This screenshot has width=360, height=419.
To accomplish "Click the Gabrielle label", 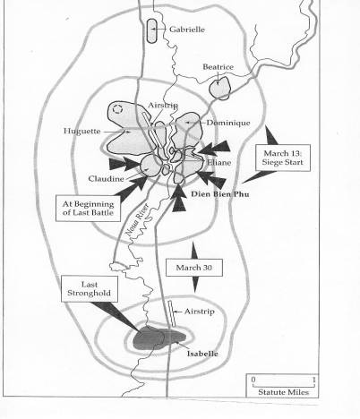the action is click(187, 30).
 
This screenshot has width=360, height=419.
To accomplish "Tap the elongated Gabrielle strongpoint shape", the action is click(152, 31).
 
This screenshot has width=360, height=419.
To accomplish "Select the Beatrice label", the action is click(218, 67).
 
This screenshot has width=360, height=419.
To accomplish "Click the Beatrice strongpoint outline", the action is click(219, 88).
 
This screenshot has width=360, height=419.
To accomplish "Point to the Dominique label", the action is click(228, 123).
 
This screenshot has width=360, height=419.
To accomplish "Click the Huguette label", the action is click(82, 131).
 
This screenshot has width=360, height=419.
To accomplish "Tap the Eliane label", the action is click(219, 163).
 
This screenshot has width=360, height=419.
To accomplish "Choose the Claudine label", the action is click(106, 179).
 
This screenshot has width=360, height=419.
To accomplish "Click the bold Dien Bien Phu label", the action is click(220, 194).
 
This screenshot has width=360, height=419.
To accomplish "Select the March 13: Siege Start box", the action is click(283, 158).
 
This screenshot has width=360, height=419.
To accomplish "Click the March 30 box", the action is click(194, 268).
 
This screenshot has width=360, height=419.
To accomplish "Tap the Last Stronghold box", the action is click(90, 288).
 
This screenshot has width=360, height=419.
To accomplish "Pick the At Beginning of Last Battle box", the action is click(88, 209).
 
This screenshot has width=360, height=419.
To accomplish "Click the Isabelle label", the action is click(202, 354).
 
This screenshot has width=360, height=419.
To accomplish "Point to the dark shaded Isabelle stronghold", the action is click(159, 338).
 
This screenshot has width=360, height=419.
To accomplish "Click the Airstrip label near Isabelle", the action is click(200, 312).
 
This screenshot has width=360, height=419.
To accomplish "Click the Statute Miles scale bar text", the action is click(283, 392).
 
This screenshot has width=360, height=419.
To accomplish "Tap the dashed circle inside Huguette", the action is click(117, 109).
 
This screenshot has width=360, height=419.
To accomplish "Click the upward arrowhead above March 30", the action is click(194, 250).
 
